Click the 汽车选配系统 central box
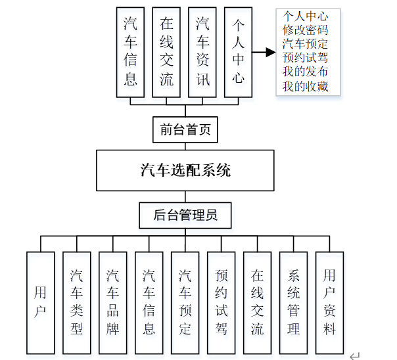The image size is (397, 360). point(185,171)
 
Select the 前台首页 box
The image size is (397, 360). point(185,129)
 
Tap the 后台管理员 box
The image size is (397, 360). point(185,215)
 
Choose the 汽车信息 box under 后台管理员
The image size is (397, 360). point(149,302)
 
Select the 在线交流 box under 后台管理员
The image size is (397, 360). point(258,302)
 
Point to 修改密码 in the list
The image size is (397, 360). point(306,30)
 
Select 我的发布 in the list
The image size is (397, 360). point(306,72)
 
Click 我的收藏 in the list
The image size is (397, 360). point(306,87)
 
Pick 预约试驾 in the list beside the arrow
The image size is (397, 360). point(306,58)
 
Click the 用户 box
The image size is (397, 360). point(41,302)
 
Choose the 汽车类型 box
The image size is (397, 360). point(77,302)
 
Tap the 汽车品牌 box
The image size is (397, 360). point(113,302)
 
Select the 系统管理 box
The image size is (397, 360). point(294,302)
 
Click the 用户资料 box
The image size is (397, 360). point(330,302)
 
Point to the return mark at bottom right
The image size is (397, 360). point(355,355)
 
